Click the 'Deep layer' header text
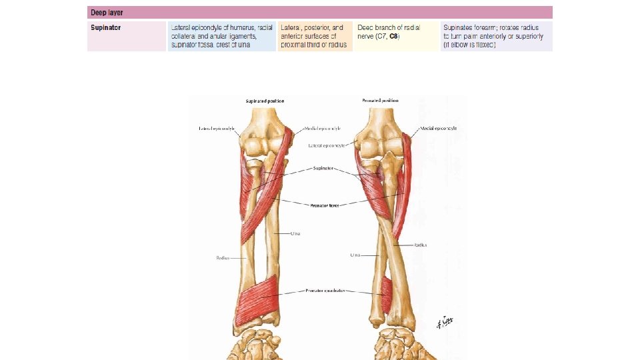click(107, 13)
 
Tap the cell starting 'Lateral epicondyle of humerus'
click(221, 36)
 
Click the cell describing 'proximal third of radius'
click(315, 36)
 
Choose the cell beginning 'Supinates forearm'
click(496, 36)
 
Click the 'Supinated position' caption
click(265, 101)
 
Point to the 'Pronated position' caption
click(381, 101)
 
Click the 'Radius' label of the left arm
click(223, 257)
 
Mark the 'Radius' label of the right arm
click(421, 245)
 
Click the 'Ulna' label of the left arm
click(295, 233)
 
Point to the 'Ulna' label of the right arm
click(355, 255)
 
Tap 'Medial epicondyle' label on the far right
click(438, 128)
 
